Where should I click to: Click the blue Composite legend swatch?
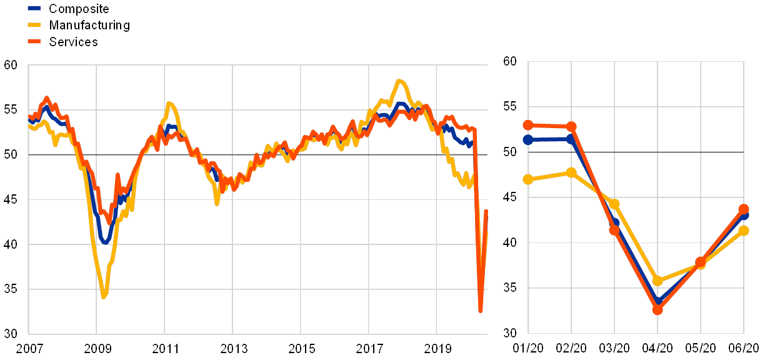tap(34, 9)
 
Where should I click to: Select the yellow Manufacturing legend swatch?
tap(34, 26)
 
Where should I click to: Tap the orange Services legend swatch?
tap(34, 42)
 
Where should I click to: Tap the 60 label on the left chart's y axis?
tap(11, 65)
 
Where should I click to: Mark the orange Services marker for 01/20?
tap(528, 125)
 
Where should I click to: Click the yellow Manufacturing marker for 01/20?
tap(528, 179)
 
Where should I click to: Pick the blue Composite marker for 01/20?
tap(528, 139)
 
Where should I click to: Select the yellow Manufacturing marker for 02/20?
tap(571, 172)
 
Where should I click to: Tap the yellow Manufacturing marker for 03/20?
tap(614, 204)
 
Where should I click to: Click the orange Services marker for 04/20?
tap(657, 309)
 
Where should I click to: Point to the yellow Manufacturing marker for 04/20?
tap(657, 281)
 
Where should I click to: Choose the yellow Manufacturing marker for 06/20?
tap(744, 231)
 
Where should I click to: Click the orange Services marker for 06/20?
tap(744, 209)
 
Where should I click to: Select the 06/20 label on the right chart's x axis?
tap(744, 347)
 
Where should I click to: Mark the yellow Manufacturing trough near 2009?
tap(104, 295)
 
